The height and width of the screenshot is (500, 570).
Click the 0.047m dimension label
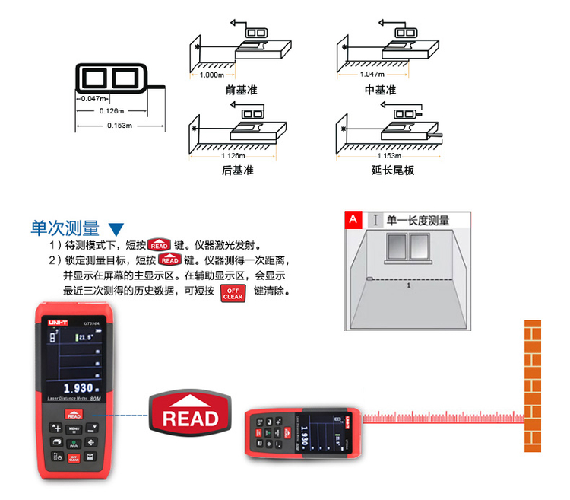(92, 99)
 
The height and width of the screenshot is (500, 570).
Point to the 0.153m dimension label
(119, 126)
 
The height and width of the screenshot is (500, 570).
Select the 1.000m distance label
(211, 75)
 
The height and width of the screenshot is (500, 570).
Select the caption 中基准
(380, 90)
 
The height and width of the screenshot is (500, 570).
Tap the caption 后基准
(237, 170)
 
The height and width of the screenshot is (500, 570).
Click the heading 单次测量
(65, 228)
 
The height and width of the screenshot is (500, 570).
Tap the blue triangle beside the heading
(116, 229)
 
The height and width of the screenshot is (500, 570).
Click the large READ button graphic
(190, 415)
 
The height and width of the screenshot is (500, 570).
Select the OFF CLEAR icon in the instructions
(233, 293)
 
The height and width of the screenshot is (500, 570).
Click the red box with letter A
(353, 220)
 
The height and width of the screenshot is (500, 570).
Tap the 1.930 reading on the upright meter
(73, 387)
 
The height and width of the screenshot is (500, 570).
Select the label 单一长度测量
(417, 221)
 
